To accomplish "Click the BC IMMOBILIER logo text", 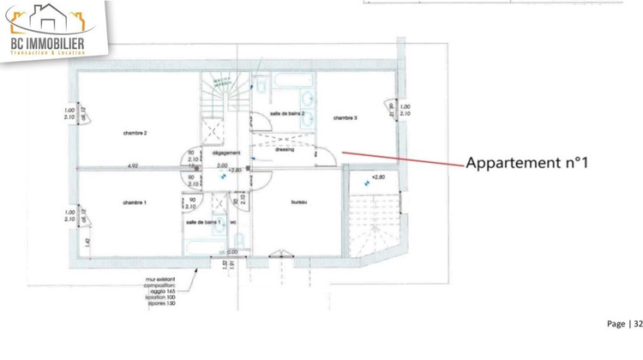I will (x=48, y=42).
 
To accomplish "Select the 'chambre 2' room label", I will (x=135, y=133).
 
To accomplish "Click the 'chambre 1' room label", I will (x=135, y=202).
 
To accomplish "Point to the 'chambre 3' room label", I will (x=346, y=117).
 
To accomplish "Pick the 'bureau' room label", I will (x=299, y=202).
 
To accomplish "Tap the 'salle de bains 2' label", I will (x=287, y=113).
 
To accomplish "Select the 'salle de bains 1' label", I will (x=203, y=222).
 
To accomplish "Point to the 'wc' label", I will (x=233, y=222).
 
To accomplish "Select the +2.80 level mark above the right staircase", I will (x=377, y=178).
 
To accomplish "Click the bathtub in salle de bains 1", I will (x=204, y=241).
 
